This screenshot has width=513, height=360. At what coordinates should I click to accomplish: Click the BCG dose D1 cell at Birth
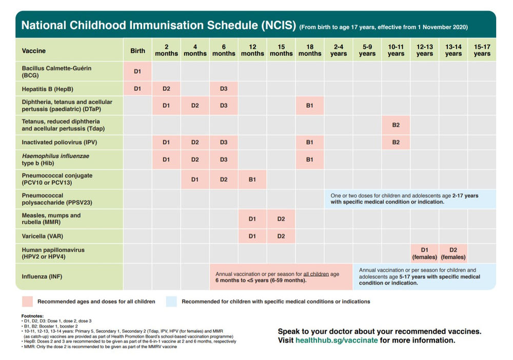pos(137,72)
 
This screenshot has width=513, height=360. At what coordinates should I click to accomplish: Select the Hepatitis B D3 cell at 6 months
pos(224,89)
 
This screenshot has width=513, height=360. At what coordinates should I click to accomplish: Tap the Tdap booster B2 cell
pos(396,125)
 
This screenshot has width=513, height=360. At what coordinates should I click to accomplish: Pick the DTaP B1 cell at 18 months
pos(310,106)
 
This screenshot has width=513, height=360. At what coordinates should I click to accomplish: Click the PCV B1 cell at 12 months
pos(252,179)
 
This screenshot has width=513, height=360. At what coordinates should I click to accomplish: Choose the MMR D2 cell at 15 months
pos(281,219)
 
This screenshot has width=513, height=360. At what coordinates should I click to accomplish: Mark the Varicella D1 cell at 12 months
pos(252,236)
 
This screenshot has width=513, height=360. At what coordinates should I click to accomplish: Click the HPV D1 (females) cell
pos(424,253)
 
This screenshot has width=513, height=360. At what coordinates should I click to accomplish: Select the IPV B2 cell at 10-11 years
pos(396,142)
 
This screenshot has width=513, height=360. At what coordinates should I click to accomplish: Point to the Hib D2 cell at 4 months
pos(195,159)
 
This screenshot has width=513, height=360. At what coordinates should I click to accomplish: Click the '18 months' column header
pos(310,50)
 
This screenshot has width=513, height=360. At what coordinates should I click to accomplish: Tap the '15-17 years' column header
pos(482,50)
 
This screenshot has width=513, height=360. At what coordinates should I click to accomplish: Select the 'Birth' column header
pos(137,51)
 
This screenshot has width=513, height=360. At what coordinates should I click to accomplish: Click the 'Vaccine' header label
pos(34,51)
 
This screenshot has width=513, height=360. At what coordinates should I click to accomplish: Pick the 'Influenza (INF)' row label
pos(42,277)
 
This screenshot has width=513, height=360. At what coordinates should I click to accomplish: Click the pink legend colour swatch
pos(27,302)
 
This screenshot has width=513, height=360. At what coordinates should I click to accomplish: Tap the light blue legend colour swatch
pos(171,302)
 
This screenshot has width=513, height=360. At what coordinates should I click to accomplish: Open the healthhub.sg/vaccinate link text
pos(336,340)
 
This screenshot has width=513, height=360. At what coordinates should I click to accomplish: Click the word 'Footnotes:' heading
pos(33,316)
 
